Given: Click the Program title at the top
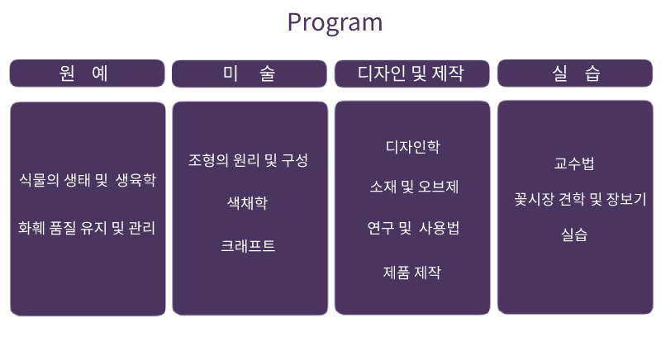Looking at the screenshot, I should click(x=335, y=22).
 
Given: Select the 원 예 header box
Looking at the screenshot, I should click(x=87, y=73).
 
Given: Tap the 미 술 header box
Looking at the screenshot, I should click(x=250, y=73).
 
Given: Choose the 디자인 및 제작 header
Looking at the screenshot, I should click(x=411, y=73).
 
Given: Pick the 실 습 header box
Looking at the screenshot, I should click(x=575, y=73).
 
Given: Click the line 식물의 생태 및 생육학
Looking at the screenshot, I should click(x=87, y=179).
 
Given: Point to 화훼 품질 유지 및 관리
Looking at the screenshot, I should click(x=87, y=226).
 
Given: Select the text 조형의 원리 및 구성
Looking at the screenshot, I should click(x=248, y=160).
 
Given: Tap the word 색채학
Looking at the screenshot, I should click(x=248, y=202).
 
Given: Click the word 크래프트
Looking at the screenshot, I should click(x=248, y=245).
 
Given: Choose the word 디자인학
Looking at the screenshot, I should click(x=412, y=147).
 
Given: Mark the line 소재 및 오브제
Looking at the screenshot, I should click(x=412, y=187).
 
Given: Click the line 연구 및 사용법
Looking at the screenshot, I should click(x=412, y=228).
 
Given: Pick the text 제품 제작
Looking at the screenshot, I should click(x=412, y=272).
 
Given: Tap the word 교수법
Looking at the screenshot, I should click(x=574, y=163).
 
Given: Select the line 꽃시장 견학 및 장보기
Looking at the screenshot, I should click(x=579, y=198).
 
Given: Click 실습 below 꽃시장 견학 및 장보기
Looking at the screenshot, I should click(x=574, y=234).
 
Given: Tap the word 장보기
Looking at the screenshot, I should click(x=625, y=198).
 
